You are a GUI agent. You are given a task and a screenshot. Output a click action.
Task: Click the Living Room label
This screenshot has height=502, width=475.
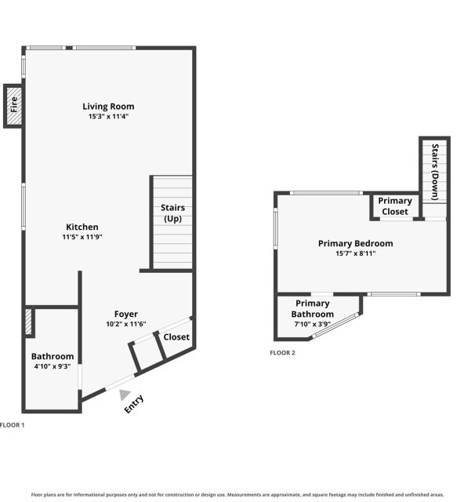108,107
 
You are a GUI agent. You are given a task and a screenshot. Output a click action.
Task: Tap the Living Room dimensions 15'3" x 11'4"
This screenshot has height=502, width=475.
108,116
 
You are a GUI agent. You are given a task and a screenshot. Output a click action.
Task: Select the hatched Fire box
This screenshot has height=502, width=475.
14,106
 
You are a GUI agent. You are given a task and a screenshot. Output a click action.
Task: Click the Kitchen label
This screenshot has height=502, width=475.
82,227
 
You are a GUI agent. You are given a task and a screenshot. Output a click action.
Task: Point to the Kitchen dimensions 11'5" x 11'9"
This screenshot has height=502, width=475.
82,237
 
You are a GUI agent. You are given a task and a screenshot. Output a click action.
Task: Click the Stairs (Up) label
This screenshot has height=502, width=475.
172,213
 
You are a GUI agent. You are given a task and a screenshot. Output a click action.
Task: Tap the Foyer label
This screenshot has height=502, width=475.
126,314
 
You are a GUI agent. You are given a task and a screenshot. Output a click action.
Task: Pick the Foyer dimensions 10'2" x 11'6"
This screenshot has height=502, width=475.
126,324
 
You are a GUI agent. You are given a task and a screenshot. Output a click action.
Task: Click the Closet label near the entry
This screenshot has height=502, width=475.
176,337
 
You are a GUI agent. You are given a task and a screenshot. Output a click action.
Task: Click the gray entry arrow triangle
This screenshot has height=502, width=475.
125,395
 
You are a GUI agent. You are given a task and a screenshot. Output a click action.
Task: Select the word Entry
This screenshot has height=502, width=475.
134,404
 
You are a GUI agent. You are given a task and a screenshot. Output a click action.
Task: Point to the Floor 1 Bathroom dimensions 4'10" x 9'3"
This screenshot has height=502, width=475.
53,366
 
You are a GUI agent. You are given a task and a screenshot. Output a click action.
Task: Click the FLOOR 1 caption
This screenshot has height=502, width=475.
12,425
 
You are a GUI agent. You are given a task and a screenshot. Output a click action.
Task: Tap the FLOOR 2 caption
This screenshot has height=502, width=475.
282,353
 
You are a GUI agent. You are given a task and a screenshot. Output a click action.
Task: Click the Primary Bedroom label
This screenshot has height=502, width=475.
356,244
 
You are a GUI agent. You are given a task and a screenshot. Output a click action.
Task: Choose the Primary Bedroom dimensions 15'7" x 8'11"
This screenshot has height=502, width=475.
356,253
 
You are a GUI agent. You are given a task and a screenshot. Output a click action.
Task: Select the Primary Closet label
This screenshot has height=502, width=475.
395,206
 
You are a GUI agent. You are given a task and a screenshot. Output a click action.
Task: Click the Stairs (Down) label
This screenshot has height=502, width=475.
435,172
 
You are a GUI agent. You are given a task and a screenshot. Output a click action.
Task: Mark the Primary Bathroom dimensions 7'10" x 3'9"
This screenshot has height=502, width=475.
313,324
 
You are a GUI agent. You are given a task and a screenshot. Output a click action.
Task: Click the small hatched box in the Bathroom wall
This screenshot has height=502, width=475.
28,322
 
